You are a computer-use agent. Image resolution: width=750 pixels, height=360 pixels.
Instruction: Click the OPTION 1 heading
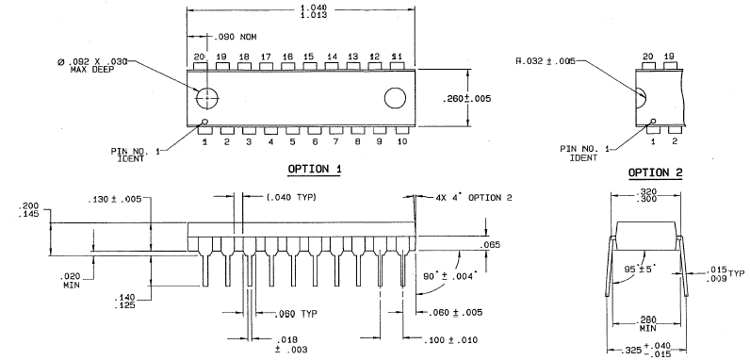[x=315, y=169]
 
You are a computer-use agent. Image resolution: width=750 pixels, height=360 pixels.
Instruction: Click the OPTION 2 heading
[x=655, y=172]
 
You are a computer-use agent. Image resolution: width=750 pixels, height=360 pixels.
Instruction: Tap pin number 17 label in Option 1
[x=266, y=57]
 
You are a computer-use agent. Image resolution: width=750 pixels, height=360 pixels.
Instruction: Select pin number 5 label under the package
[x=292, y=141]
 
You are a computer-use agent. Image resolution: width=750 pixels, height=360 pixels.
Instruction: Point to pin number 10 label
[x=401, y=141]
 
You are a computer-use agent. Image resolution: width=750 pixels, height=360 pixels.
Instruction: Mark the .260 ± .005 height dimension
[x=466, y=99]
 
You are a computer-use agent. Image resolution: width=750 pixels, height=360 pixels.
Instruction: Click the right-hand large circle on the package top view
[x=395, y=98]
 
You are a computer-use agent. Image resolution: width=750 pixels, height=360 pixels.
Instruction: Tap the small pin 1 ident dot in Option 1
[x=205, y=122]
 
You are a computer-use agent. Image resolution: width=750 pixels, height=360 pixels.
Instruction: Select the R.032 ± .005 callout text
[x=546, y=61]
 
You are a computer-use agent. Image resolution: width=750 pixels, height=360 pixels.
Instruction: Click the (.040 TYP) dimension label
[x=291, y=197]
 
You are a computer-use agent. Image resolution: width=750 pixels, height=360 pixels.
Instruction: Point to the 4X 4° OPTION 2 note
[x=474, y=197]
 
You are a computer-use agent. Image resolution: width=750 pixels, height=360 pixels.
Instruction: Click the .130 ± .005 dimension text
[x=115, y=200]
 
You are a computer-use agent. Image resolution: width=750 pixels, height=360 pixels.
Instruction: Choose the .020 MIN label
[x=70, y=281]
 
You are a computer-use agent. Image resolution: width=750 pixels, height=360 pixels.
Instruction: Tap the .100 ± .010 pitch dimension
[x=450, y=340]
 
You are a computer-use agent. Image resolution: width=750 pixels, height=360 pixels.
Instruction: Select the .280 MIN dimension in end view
[x=648, y=324]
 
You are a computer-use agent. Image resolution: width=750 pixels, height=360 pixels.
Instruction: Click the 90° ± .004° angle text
[x=451, y=277]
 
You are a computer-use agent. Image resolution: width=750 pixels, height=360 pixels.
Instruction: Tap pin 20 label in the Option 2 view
[x=647, y=57]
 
